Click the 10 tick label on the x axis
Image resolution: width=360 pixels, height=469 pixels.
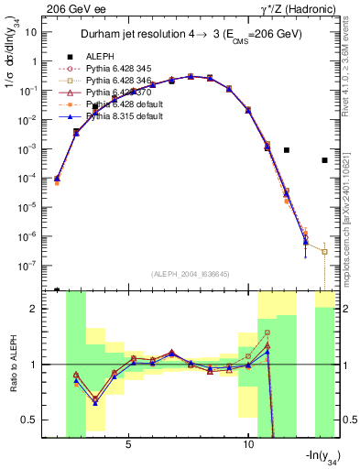[x=248, y=443]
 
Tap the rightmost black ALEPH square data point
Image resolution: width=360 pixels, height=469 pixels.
[x=325, y=160]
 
